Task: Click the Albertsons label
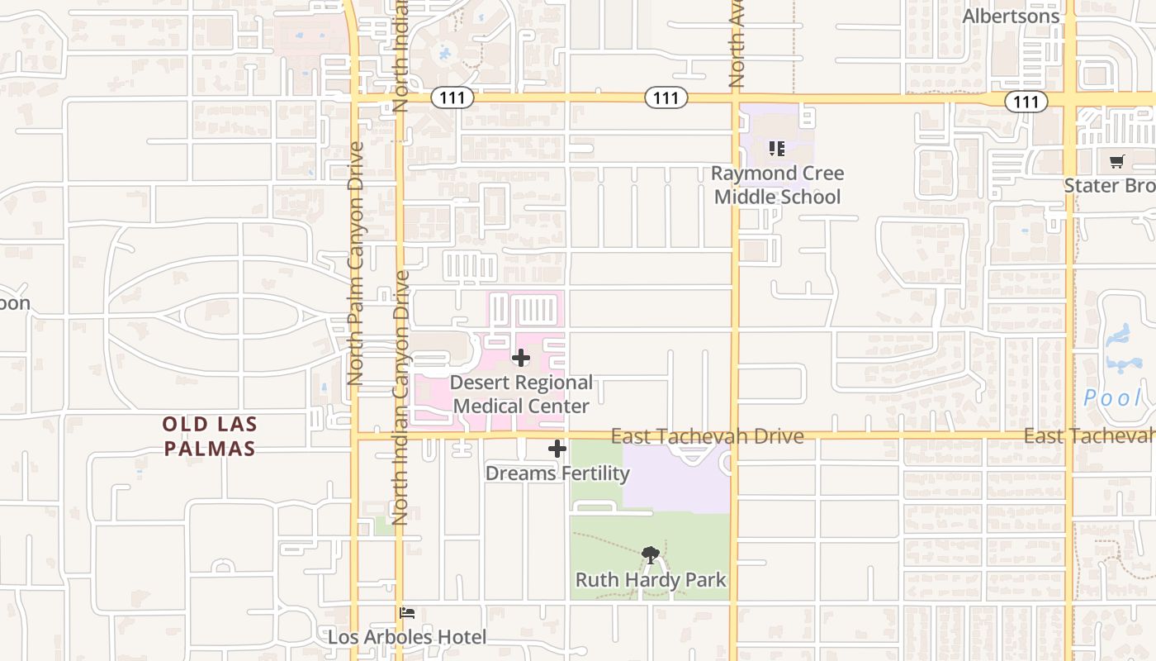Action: (x=1011, y=16)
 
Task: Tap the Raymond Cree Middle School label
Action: (x=777, y=185)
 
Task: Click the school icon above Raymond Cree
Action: (x=776, y=149)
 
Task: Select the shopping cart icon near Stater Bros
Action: (x=1116, y=162)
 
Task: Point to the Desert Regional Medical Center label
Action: (x=521, y=394)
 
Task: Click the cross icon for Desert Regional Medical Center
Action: (x=521, y=358)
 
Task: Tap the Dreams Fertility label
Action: (x=557, y=473)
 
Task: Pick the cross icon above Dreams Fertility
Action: (x=557, y=449)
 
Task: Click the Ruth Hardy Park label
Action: (x=651, y=580)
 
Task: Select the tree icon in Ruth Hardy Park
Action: (x=651, y=554)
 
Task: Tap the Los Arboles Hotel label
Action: (x=407, y=637)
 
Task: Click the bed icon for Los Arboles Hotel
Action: (x=407, y=613)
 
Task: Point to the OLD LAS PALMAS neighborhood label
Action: (x=209, y=436)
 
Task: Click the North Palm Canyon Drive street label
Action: (x=356, y=263)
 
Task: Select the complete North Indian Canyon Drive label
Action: (x=401, y=397)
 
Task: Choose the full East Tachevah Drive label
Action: (x=707, y=436)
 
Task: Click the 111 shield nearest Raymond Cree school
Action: (x=666, y=98)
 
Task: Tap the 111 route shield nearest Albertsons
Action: (x=1026, y=102)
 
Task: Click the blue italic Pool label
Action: (x=1112, y=398)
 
